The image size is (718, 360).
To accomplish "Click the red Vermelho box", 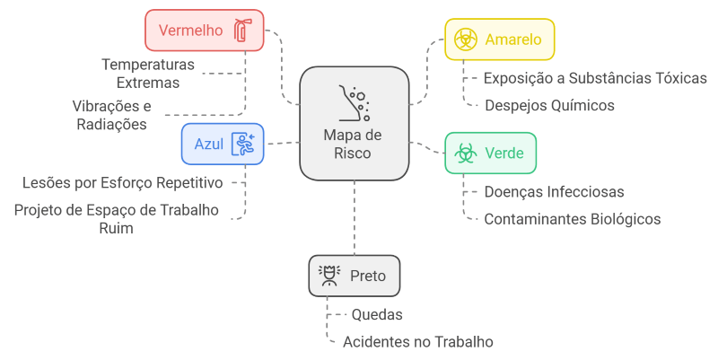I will (204, 30).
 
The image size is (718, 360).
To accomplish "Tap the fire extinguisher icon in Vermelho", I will (241, 31).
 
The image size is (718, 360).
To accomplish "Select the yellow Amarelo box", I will (500, 40).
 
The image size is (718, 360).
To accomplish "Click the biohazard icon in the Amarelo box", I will (465, 40).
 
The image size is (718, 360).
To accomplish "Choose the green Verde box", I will (490, 153).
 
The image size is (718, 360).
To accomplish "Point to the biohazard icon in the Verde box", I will (465, 153).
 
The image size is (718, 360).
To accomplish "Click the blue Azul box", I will (223, 144).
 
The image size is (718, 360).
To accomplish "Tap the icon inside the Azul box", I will (242, 144).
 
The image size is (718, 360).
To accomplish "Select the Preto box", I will (355, 276).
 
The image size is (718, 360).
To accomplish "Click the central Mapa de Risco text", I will (354, 144).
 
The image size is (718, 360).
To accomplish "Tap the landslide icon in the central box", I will (354, 103).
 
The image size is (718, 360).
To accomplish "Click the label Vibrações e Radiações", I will (111, 115).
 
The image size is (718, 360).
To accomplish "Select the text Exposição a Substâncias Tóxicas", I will (595, 78).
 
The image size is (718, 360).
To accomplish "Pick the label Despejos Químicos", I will (549, 105).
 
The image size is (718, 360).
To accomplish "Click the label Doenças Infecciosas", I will (554, 191).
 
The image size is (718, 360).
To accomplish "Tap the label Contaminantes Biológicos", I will (572, 219).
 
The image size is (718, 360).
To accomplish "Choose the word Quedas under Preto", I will (376, 315).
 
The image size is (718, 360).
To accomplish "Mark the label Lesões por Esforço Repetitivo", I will (122, 183).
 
